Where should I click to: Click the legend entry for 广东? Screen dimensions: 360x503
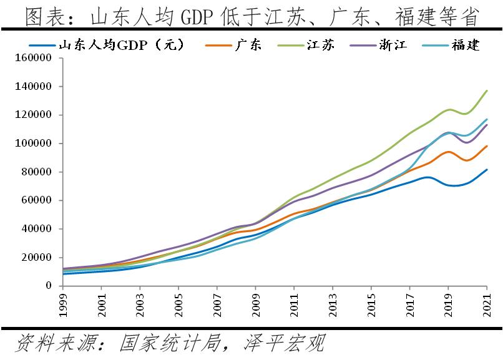tap(249, 45)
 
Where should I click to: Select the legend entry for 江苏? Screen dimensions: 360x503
tap(320, 45)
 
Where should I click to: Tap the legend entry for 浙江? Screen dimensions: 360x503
tap(392, 45)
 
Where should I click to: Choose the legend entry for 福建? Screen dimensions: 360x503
tap(466, 45)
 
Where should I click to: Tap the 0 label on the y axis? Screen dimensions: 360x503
tap(52, 286)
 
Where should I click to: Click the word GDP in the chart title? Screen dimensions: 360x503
tap(198, 17)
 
